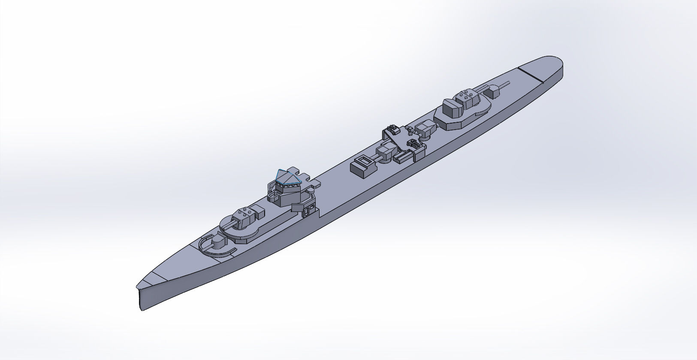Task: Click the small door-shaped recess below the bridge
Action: point(308,211)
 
